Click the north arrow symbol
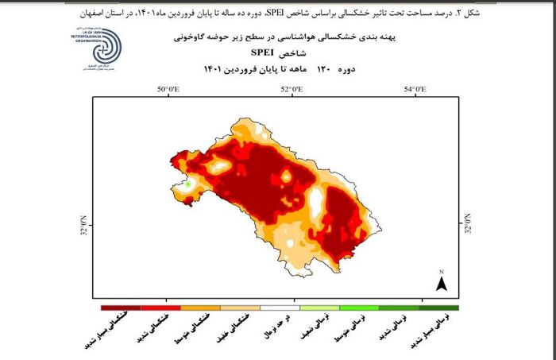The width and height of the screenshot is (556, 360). [x=442, y=281]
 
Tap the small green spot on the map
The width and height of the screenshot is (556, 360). [x=189, y=184]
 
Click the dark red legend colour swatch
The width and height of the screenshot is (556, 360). [x=119, y=308]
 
